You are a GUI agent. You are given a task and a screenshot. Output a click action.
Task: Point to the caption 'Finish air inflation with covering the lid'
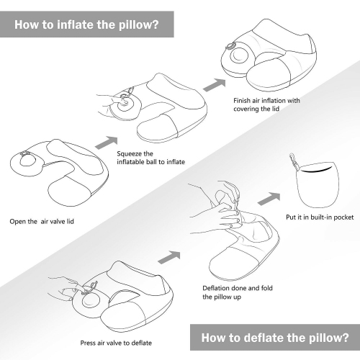pos(266,105)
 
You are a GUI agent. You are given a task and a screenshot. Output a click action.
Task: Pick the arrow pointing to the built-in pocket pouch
pos(270,197)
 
